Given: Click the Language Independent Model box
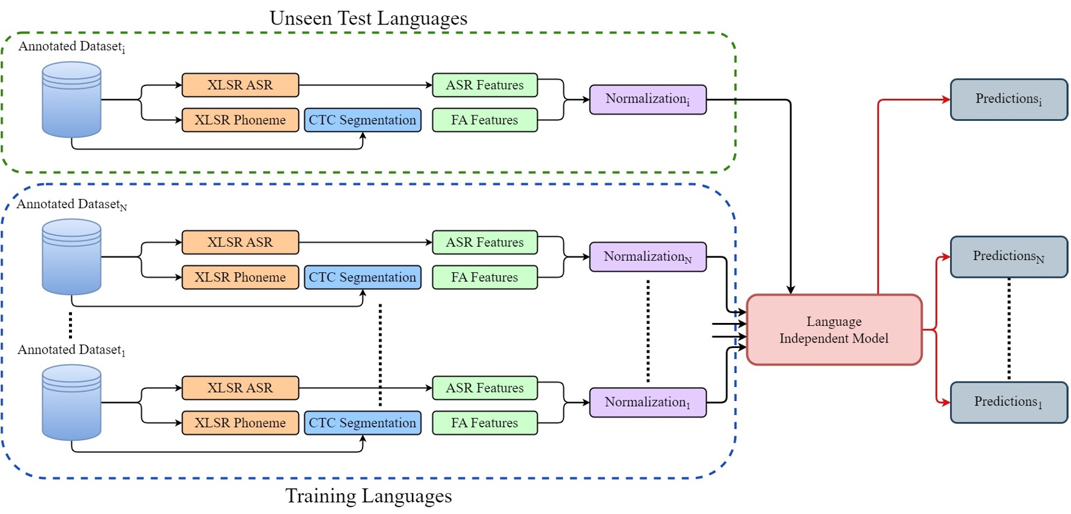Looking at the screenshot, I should [x=834, y=330].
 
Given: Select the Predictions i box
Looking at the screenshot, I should [x=1008, y=100].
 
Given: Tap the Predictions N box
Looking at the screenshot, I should [x=1008, y=257].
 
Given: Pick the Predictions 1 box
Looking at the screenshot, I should [x=1008, y=402].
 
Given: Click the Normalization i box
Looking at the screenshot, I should [x=647, y=100].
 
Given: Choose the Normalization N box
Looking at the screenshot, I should [x=647, y=257].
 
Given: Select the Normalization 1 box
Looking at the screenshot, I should [x=647, y=402].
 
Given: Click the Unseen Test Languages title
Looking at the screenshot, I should [x=369, y=18].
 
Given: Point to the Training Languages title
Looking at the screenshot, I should [x=369, y=496].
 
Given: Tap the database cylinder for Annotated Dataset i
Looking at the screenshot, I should [x=71, y=100].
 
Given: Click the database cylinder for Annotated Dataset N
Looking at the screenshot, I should [x=71, y=257].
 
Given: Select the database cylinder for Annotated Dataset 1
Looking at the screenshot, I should [x=71, y=402].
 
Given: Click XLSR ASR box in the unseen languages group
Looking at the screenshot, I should [x=240, y=85].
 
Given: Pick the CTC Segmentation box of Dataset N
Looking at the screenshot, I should [x=362, y=277].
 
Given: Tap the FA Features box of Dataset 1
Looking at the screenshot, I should [x=485, y=422].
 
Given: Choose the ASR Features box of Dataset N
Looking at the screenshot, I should [x=485, y=242].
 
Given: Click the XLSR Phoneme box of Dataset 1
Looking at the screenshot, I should [x=240, y=422].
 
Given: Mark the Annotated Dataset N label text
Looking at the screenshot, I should [x=71, y=205].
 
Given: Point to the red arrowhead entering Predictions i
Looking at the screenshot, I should [x=946, y=100].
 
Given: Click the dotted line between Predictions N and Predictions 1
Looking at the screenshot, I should [x=1009, y=330].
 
